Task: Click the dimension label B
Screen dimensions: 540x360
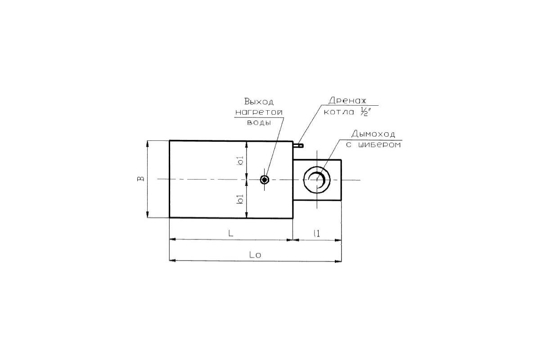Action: click(141, 179)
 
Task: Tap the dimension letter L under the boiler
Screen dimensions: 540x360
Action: click(231, 233)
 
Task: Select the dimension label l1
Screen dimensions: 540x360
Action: click(317, 234)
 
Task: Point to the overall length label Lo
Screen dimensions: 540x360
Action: click(255, 255)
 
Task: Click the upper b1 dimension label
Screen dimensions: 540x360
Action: click(240, 161)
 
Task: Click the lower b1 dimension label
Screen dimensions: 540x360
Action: click(240, 199)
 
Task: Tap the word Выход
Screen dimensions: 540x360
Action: click(259, 102)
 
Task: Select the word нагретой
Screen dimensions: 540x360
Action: click(259, 112)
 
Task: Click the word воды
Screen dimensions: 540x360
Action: click(259, 122)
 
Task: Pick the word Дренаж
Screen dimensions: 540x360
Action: click(347, 100)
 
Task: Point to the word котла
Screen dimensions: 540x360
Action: click(339, 112)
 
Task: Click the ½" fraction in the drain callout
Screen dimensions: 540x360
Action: click(365, 112)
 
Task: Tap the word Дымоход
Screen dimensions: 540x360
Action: click(373, 134)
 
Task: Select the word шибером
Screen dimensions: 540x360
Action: click(380, 145)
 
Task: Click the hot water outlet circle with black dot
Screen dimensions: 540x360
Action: click(265, 180)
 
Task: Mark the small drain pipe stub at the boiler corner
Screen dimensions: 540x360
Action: click(298, 145)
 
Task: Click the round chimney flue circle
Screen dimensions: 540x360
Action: click(317, 166)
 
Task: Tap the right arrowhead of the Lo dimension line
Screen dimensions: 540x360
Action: click(338, 261)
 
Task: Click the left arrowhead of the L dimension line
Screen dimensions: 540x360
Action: click(173, 239)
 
